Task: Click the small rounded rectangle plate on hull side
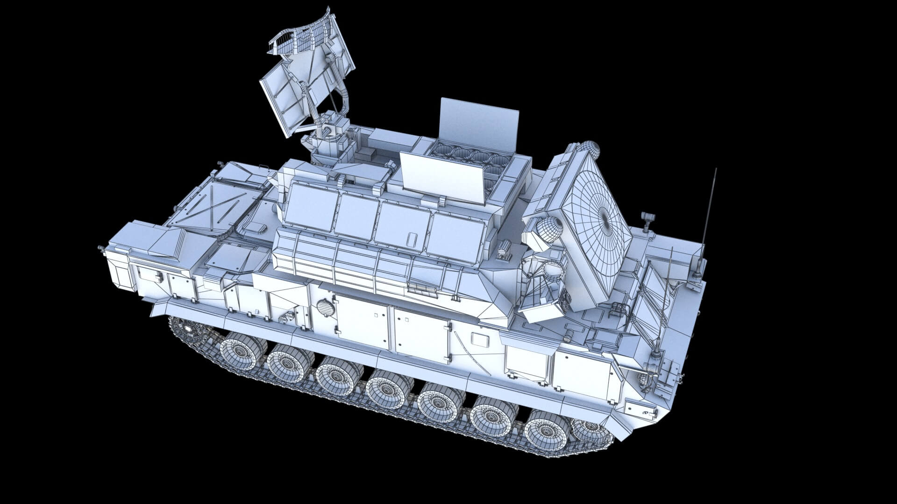click(478, 338)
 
